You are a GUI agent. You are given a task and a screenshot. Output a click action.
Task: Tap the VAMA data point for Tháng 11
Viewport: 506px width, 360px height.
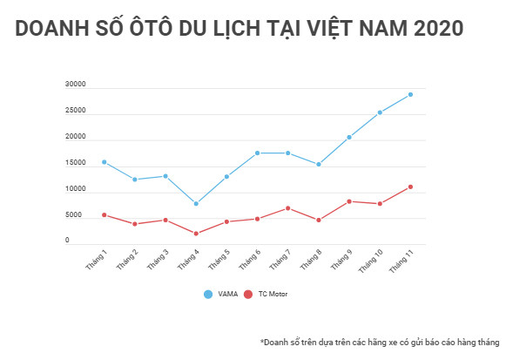pos(410,94)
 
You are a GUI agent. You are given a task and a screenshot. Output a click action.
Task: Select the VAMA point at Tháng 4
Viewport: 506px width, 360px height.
pos(196,203)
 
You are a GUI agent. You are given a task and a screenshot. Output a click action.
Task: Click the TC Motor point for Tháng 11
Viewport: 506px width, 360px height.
pos(410,187)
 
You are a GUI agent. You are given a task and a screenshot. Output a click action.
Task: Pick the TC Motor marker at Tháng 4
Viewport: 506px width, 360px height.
pos(196,234)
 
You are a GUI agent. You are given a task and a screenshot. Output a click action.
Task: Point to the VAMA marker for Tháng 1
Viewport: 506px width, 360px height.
pos(105,162)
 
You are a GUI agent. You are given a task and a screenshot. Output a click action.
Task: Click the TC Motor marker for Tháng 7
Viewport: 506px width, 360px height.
pos(288,208)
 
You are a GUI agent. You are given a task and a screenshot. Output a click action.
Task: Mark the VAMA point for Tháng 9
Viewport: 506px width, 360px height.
pos(349,137)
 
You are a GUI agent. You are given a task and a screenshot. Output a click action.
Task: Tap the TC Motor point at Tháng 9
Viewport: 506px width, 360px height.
pos(349,201)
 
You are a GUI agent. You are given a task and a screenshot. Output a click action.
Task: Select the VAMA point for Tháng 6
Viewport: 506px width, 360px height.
pos(258,153)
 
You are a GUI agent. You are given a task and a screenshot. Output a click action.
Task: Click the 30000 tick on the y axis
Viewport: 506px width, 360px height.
pos(75,85)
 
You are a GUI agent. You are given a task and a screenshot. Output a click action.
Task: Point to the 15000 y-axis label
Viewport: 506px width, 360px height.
pos(75,163)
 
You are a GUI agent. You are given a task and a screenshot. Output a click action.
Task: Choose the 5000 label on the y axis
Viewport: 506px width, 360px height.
pos(73,215)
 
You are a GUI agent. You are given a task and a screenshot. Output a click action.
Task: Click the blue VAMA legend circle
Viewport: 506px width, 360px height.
pos(208,295)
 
